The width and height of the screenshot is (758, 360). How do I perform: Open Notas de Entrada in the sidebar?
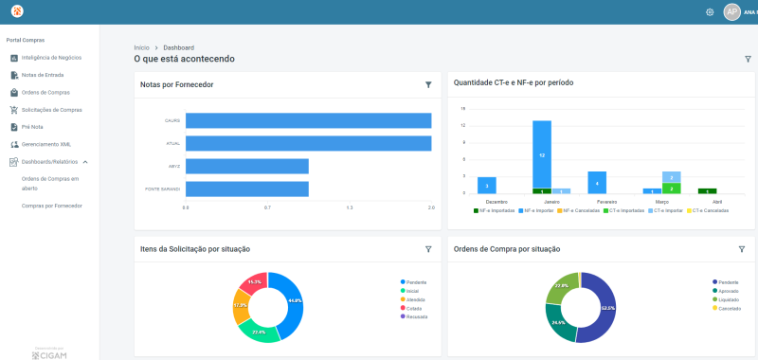click(42, 75)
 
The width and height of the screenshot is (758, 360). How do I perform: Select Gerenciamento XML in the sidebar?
click(45, 144)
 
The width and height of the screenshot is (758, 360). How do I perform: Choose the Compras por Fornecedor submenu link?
click(51, 206)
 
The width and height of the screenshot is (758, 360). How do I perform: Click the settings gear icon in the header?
click(710, 12)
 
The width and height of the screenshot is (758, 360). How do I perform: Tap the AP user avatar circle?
click(731, 12)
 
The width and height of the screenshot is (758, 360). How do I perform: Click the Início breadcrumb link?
click(141, 46)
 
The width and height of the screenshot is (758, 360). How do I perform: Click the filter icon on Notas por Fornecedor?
click(428, 84)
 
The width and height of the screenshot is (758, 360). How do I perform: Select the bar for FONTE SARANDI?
click(246, 189)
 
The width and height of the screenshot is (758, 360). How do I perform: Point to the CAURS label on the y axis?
click(172, 120)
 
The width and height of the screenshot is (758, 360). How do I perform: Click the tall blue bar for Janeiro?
click(541, 153)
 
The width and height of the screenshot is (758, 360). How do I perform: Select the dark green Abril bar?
click(707, 190)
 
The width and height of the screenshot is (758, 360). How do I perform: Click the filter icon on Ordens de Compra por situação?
click(742, 249)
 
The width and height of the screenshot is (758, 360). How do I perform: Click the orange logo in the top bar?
click(17, 11)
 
